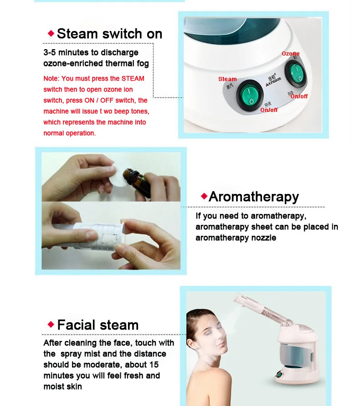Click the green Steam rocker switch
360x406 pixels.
point(250,95)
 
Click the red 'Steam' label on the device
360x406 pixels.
point(227,79)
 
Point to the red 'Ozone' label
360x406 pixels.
point(291,54)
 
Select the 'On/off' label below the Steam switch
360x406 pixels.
point(269,110)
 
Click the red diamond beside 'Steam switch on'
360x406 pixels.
point(51,33)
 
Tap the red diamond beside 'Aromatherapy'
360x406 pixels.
point(204,196)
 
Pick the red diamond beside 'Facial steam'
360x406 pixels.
point(51,324)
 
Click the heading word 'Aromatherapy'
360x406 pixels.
point(254,197)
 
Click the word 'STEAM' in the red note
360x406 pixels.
point(133,78)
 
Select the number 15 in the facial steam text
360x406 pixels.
point(154,365)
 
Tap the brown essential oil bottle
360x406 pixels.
point(136,180)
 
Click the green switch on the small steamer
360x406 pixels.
point(279,374)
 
